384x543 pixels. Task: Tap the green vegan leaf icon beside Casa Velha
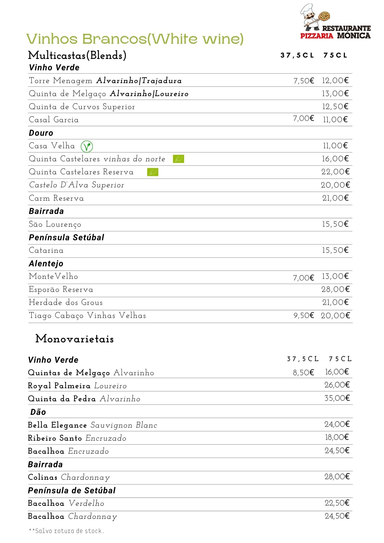(x=87, y=146)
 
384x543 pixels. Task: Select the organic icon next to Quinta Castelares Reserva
(x=153, y=172)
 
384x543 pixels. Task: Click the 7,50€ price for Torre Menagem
(x=304, y=81)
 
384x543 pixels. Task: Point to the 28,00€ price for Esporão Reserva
(x=335, y=289)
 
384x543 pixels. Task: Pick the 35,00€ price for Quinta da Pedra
(x=337, y=398)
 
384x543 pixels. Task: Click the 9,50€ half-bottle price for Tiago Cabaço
(x=304, y=316)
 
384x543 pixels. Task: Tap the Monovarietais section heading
(x=74, y=339)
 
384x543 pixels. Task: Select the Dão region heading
(x=38, y=412)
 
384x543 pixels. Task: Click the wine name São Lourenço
(x=55, y=225)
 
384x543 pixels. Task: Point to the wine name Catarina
(x=46, y=250)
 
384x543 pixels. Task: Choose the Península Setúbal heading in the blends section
(x=66, y=238)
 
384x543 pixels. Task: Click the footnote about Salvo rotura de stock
(x=66, y=531)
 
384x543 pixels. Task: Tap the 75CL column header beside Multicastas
(x=335, y=55)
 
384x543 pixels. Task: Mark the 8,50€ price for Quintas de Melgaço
(x=303, y=373)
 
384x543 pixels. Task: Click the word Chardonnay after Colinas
(x=85, y=478)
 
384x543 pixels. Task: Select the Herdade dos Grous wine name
(x=66, y=302)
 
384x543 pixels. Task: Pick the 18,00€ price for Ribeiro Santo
(x=337, y=437)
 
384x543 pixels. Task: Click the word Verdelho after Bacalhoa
(x=86, y=504)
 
